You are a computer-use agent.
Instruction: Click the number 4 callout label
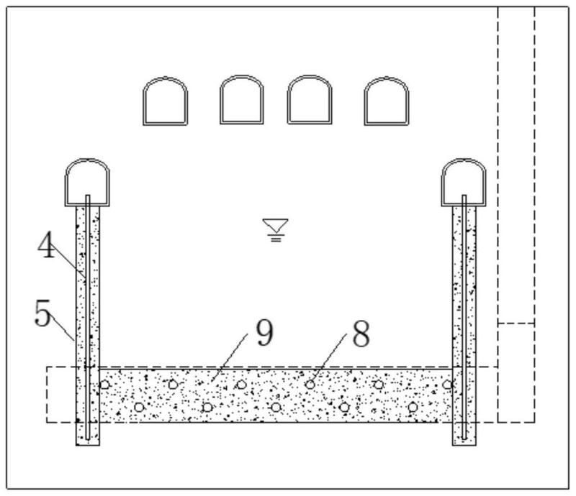tap(47, 244)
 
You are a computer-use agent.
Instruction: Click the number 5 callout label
tap(42, 313)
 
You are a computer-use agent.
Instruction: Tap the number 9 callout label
tap(265, 332)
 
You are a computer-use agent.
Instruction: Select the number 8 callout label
tap(361, 333)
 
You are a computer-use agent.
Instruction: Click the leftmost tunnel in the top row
tap(166, 101)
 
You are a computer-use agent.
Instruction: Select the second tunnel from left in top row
tap(242, 100)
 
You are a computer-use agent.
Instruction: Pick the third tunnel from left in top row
tap(310, 100)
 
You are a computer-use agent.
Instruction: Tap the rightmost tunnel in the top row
tap(387, 101)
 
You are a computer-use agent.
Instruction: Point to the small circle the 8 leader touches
tap(310, 385)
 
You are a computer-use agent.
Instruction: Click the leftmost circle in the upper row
tap(104, 385)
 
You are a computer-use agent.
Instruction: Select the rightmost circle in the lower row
tap(413, 407)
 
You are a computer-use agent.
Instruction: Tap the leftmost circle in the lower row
tap(139, 407)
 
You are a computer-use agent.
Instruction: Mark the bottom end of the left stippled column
tap(87, 446)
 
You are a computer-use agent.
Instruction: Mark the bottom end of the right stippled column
tap(464, 446)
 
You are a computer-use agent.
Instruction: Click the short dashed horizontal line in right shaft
tap(516, 323)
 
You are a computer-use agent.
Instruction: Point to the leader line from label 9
tap(229, 357)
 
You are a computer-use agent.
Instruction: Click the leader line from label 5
tap(61, 327)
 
